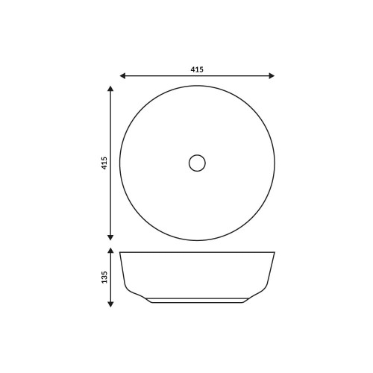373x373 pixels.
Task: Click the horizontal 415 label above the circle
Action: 197,69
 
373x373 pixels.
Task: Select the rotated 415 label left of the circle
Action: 104,163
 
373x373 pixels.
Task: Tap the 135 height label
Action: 104,277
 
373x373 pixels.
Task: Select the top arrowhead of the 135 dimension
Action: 111,252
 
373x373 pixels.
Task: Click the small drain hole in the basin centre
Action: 197,163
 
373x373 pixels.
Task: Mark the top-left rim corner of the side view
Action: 120,251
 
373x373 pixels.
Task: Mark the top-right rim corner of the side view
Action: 275,251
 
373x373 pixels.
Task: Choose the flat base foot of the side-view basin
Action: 197,302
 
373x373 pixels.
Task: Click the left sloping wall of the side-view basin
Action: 122,272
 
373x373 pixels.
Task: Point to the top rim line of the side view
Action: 197,251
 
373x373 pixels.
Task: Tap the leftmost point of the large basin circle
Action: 120,163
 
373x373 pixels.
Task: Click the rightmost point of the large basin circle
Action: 275,163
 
